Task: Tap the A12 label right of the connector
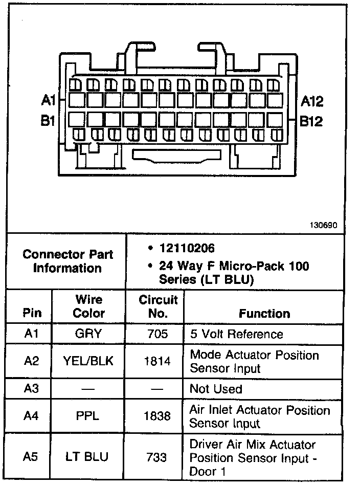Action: pyautogui.click(x=312, y=101)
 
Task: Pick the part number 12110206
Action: pyautogui.click(x=187, y=248)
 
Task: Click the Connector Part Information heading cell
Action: pyautogui.click(x=67, y=261)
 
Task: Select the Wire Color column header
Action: pyautogui.click(x=89, y=306)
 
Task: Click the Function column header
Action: pyautogui.click(x=264, y=313)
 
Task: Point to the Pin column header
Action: pyautogui.click(x=32, y=313)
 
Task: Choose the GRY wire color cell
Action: pyautogui.click(x=88, y=334)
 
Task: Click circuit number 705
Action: pyautogui.click(x=157, y=334)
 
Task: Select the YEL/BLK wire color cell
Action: pyautogui.click(x=88, y=361)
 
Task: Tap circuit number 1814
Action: pyautogui.click(x=157, y=361)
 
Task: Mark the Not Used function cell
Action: pyautogui.click(x=216, y=389)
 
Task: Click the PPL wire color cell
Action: pyautogui.click(x=88, y=416)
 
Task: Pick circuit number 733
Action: pyautogui.click(x=157, y=457)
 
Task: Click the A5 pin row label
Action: pyautogui.click(x=32, y=457)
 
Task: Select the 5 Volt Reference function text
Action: pyautogui.click(x=236, y=334)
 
